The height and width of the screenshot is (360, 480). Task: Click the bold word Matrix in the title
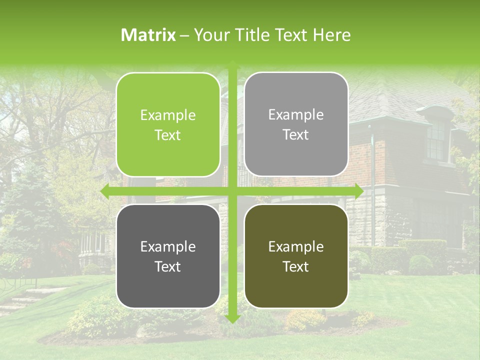[x=148, y=35]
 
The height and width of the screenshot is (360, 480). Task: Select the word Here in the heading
[x=331, y=35]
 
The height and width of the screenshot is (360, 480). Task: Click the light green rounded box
[x=168, y=124]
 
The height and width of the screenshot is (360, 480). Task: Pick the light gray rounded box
[x=296, y=124]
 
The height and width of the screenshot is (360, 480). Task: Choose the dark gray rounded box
[x=168, y=256]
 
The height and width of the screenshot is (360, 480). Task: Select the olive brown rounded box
[x=296, y=256]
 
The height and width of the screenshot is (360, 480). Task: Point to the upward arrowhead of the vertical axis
[x=232, y=64]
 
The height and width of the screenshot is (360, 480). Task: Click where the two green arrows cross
[x=232, y=191]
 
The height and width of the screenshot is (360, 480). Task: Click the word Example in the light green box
[x=168, y=115]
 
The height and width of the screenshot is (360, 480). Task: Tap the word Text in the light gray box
[x=296, y=135]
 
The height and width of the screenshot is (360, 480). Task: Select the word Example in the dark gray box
[x=168, y=246]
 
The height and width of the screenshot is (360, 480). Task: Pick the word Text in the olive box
[x=296, y=266]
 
